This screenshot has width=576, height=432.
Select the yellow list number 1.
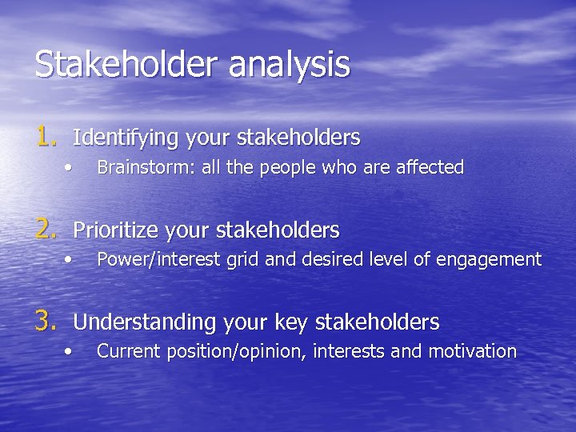pyautogui.click(x=46, y=137)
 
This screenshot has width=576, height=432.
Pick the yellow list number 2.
pyautogui.click(x=46, y=230)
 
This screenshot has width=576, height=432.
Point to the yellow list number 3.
pyautogui.click(x=46, y=322)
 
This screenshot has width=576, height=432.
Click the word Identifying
pyautogui.click(x=126, y=138)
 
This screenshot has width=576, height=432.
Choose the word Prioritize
pyautogui.click(x=117, y=230)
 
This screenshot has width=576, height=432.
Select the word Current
pyautogui.click(x=125, y=350)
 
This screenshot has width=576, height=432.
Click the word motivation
pyautogui.click(x=473, y=350)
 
